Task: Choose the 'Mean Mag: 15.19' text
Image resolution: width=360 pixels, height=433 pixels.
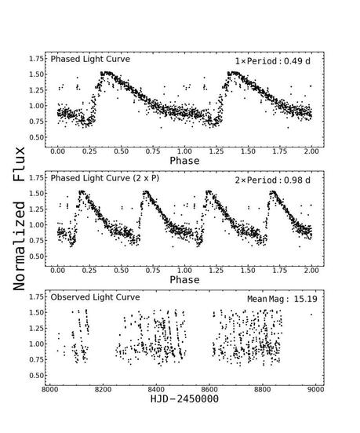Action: (x=276, y=299)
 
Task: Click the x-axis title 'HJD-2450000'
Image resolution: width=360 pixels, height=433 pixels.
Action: (x=184, y=399)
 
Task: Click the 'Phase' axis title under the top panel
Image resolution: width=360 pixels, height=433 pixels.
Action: (x=184, y=161)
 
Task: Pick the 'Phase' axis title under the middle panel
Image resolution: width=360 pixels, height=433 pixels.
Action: (x=184, y=280)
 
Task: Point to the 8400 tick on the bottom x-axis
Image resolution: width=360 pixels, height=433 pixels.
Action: (x=156, y=388)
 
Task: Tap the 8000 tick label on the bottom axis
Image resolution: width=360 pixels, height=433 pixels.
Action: (x=50, y=388)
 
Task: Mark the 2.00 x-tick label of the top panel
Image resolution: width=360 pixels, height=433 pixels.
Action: (x=311, y=149)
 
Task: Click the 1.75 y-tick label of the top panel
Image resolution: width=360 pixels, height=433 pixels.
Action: (x=35, y=59)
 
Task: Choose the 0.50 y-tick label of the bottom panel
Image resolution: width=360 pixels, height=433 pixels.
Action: (x=35, y=376)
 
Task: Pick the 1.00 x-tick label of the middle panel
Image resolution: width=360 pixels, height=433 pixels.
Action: (x=184, y=268)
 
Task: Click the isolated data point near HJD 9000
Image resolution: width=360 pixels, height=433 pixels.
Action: (x=311, y=315)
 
